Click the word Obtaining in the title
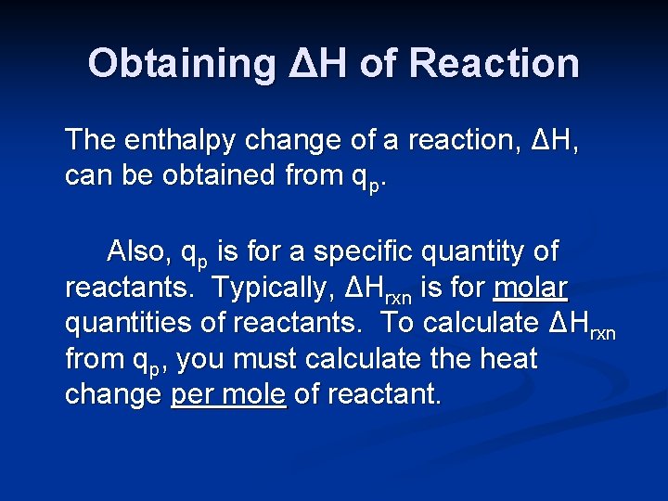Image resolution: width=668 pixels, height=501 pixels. pyautogui.click(x=182, y=64)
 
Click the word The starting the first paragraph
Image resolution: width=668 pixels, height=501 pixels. pyautogui.click(x=91, y=140)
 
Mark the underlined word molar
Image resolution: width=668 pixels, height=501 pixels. pyautogui.click(x=530, y=288)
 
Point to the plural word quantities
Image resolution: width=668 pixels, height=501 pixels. pyautogui.click(x=121, y=323)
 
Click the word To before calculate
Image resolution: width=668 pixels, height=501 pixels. pyautogui.click(x=398, y=322)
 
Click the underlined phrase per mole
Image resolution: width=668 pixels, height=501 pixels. pyautogui.click(x=228, y=394)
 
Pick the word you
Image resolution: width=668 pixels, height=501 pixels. pyautogui.click(x=208, y=360)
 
